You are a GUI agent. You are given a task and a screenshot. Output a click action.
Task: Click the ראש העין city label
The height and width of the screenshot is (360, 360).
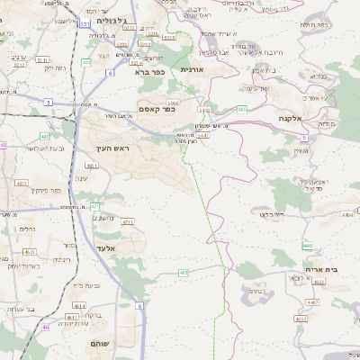(114, 147)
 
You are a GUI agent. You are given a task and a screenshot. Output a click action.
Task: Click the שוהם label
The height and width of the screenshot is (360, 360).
(99, 345)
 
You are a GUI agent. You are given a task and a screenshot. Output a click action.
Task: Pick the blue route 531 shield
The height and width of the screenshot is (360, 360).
(84, 24)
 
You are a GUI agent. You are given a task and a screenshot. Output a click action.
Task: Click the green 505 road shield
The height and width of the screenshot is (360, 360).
(242, 110)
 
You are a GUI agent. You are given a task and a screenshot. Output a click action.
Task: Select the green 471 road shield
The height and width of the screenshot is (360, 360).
(95, 207)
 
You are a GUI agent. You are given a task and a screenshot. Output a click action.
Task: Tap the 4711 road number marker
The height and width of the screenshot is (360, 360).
(128, 221)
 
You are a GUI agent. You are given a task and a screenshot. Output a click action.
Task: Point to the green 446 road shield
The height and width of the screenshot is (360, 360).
(307, 246)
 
